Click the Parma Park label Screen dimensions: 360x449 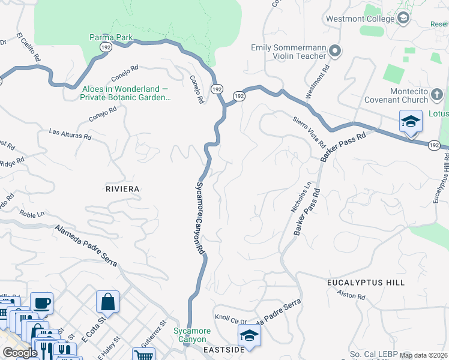(x=111, y=37)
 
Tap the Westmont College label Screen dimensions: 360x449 (x=360, y=19)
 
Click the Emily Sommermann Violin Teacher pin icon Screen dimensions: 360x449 (x=335, y=51)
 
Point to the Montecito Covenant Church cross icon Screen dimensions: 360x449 (x=436, y=94)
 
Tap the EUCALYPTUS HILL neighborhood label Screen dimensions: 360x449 (x=366, y=282)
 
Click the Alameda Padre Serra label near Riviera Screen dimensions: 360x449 (x=87, y=245)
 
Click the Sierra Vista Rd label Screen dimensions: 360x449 (x=309, y=133)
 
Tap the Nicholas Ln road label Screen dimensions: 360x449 (x=302, y=199)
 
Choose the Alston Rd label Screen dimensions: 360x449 (x=347, y=295)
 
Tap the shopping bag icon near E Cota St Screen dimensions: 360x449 (x=107, y=302)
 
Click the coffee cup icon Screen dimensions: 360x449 (x=41, y=303)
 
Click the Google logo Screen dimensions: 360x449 (x=20, y=353)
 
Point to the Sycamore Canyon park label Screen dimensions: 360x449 (x=192, y=335)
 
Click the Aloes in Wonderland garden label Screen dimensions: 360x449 (x=125, y=92)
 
